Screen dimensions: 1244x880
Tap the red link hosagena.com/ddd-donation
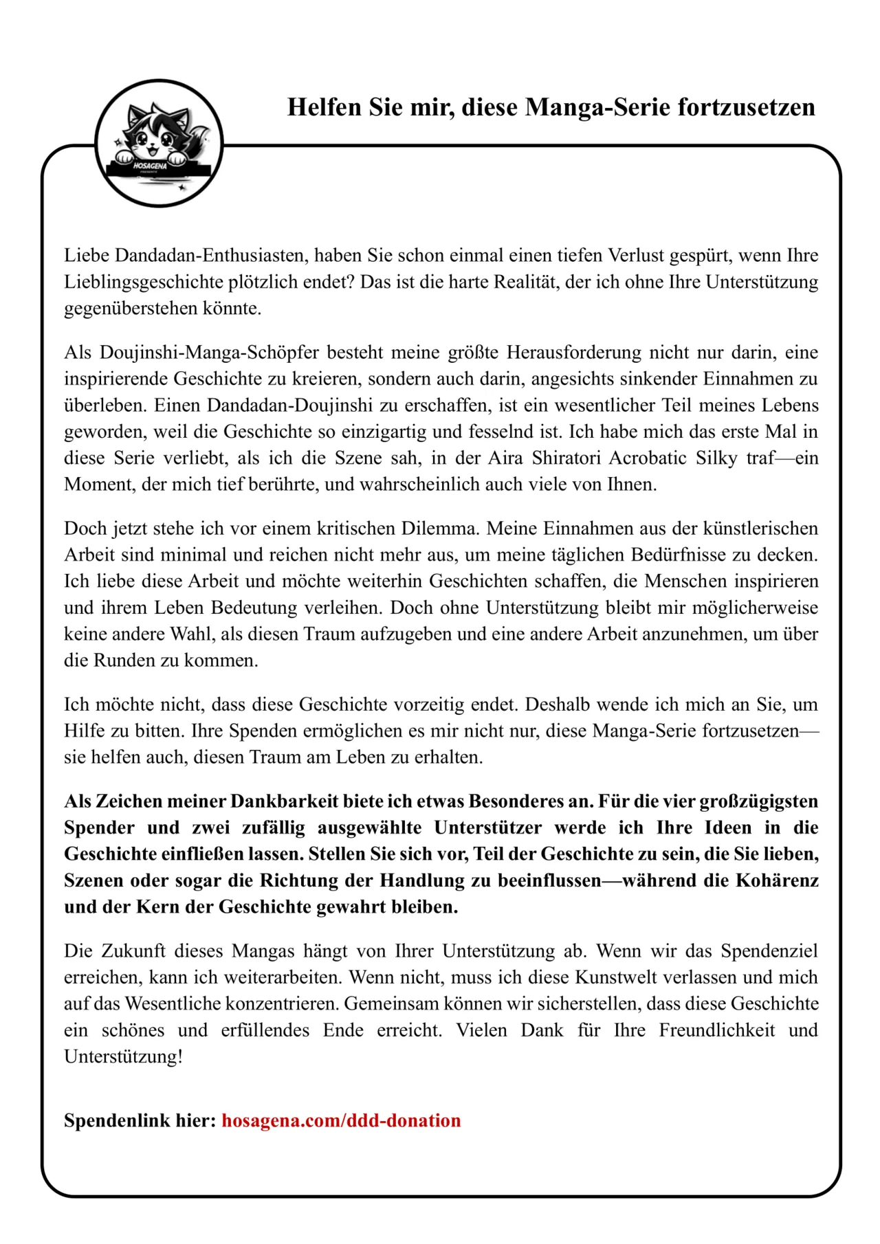coord(341,1121)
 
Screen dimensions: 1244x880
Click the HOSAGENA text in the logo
coord(150,166)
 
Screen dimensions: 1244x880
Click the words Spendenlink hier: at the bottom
coord(140,1121)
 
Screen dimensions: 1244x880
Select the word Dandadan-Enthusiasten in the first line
coord(211,256)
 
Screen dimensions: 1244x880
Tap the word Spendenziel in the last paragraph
coord(769,951)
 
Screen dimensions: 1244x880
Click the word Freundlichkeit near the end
coord(716,1030)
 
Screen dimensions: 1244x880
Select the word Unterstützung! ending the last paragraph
coord(124,1056)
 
